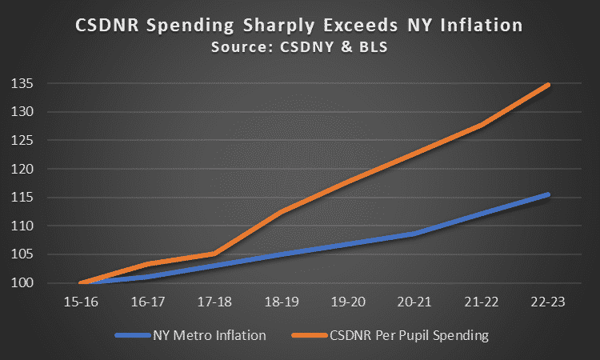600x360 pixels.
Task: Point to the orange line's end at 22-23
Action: tap(548, 84)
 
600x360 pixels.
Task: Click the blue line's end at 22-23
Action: tap(548, 194)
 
